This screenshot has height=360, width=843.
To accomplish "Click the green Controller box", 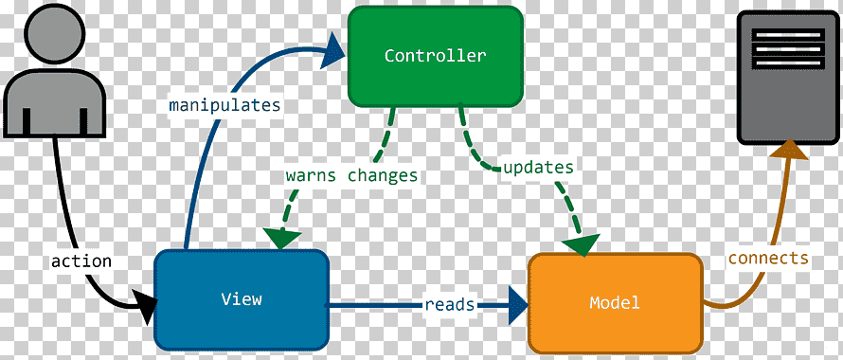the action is [436, 56].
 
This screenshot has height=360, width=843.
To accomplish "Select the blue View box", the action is [242, 300].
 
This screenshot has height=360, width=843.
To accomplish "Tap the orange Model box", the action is [616, 303].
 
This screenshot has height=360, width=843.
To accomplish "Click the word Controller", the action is [436, 56].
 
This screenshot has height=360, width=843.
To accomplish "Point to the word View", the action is [242, 298].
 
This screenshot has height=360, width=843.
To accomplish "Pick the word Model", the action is [615, 302].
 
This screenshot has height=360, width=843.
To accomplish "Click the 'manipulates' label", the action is [224, 105].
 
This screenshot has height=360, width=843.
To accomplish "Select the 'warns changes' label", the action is [351, 175].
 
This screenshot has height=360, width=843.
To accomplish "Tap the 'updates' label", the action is [538, 168].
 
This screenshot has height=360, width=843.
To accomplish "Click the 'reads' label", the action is [450, 304].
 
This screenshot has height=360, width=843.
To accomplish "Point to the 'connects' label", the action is [768, 259].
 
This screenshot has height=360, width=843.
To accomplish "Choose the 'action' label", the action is [81, 261].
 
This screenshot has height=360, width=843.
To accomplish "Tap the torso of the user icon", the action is [54, 103].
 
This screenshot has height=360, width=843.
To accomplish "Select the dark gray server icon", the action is [788, 77].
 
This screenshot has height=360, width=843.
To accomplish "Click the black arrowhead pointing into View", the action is [144, 306].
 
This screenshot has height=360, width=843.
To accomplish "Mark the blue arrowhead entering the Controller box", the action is [332, 50].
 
